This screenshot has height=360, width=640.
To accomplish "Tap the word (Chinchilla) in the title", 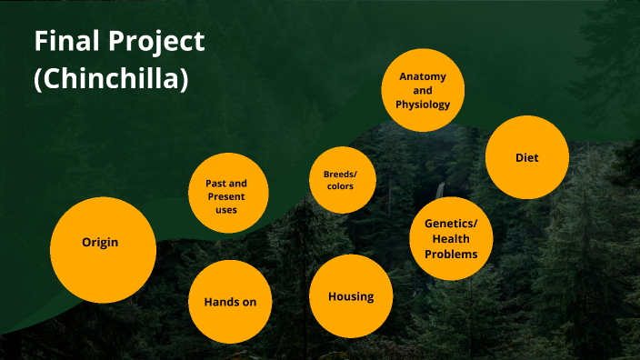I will click(x=111, y=79).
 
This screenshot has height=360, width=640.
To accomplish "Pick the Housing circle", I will click(x=351, y=296).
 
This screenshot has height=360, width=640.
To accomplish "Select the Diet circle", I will click(x=527, y=157).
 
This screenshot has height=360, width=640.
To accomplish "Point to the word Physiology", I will click(x=423, y=105).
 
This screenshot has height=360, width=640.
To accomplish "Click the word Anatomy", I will click(x=423, y=76).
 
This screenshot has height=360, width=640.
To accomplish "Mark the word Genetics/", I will click(x=451, y=223).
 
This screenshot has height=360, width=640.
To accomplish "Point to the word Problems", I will click(x=451, y=254).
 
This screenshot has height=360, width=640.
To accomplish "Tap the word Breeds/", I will click(x=341, y=174).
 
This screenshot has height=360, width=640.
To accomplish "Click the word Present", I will click(x=226, y=196).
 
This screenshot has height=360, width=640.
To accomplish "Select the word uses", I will click(x=226, y=210).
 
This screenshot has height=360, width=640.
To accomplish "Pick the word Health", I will click(x=451, y=238).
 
